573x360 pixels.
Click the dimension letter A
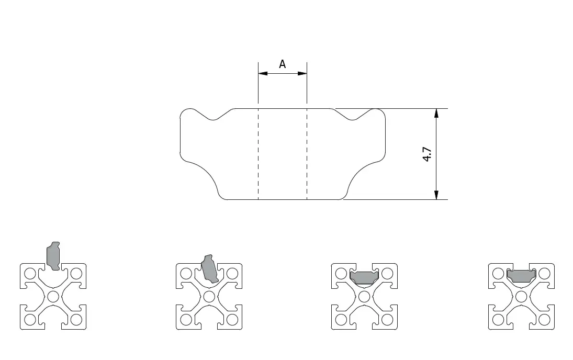point(282,64)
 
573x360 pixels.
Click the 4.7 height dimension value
point(427,154)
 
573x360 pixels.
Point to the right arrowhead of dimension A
point(302,73)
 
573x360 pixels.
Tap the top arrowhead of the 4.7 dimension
point(436,114)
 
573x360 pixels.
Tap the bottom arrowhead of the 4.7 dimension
point(436,195)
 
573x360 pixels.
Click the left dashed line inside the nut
point(259,154)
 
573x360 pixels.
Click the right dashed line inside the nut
point(307,154)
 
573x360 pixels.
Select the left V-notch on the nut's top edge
point(214,115)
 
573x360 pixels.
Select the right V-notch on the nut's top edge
point(353,115)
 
